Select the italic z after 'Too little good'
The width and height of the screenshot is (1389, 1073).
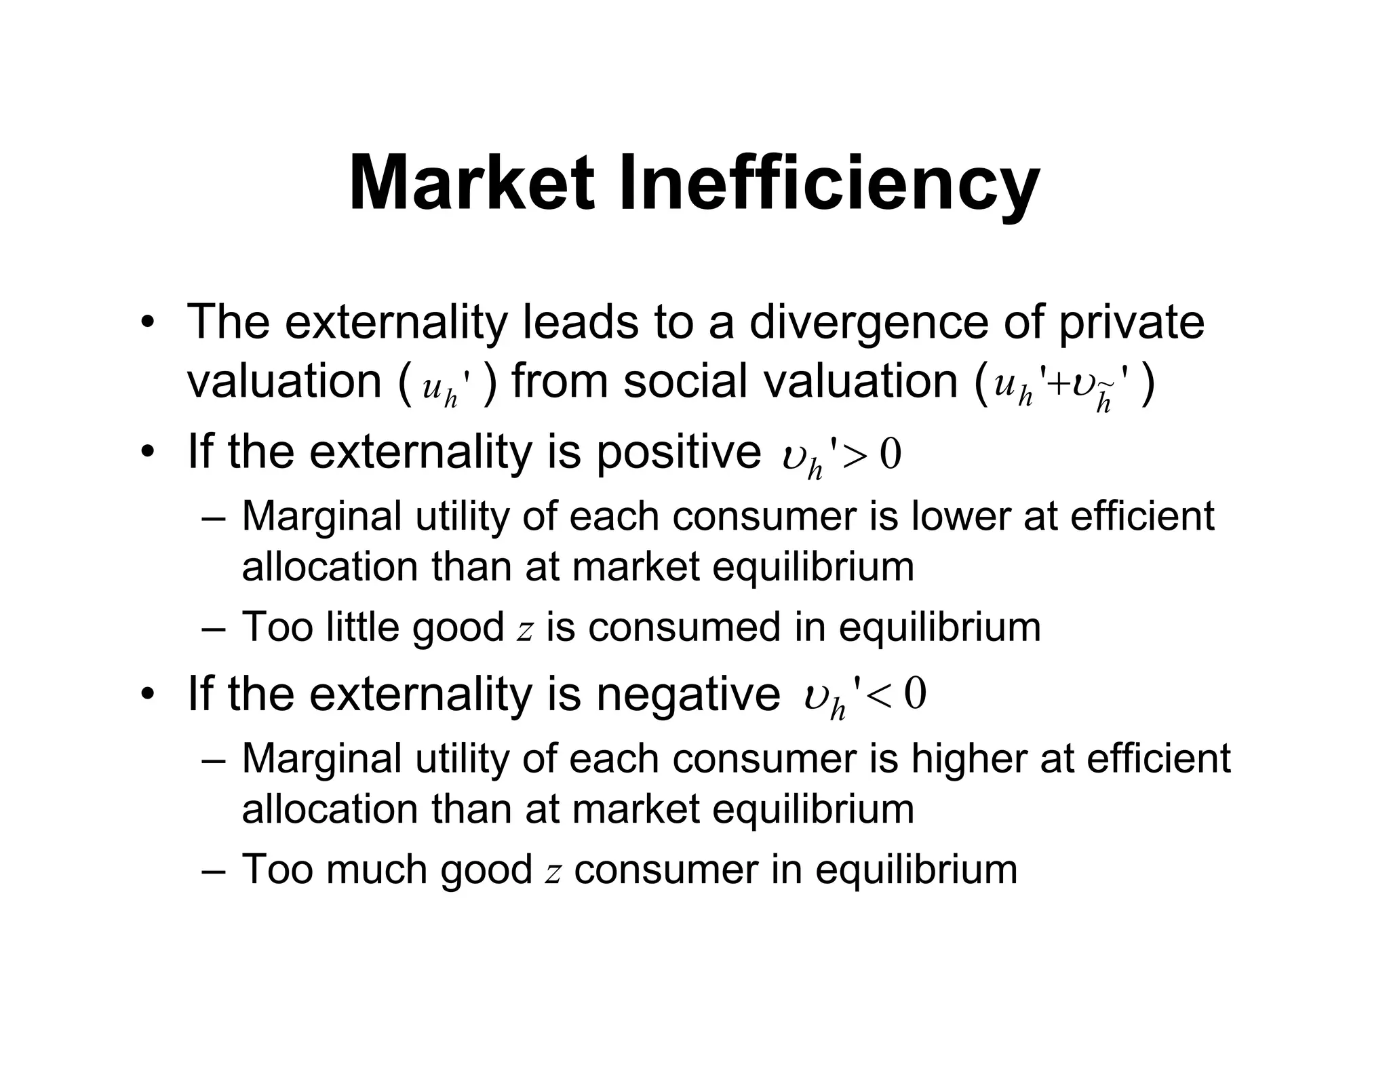[524, 629]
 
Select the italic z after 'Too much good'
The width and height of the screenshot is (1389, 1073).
[553, 872]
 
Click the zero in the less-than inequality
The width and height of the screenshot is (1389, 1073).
[916, 695]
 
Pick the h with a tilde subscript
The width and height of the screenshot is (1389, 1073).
[1104, 402]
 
